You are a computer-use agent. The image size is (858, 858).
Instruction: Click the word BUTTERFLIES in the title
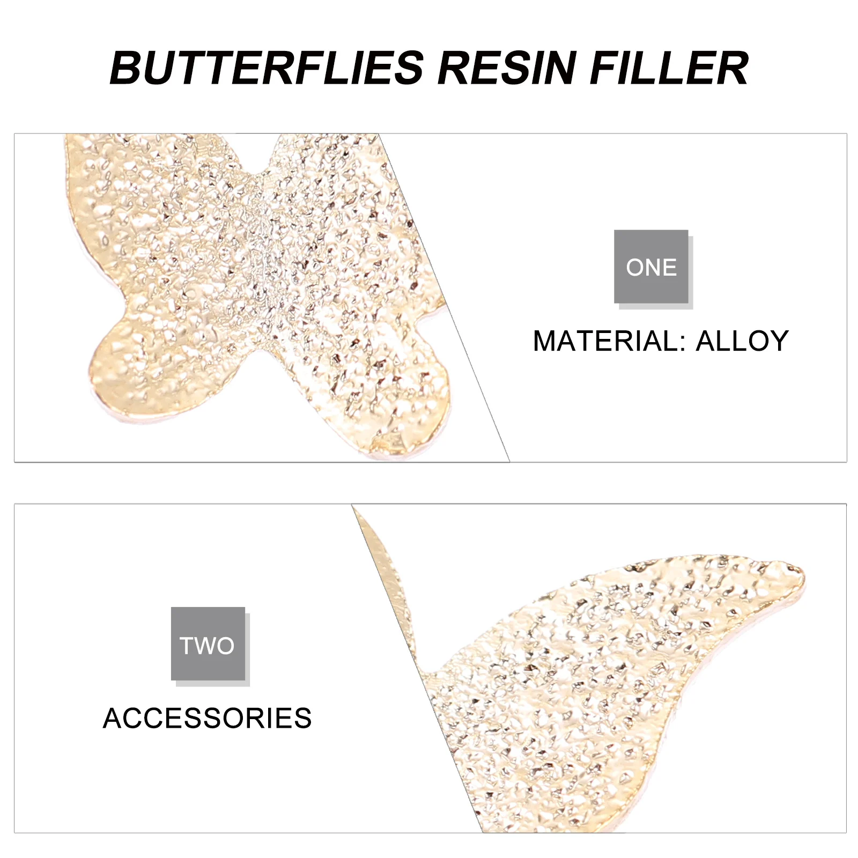click(x=267, y=68)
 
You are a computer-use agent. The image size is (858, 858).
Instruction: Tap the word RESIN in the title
click(x=507, y=68)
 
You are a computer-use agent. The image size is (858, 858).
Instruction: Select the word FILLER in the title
click(x=669, y=68)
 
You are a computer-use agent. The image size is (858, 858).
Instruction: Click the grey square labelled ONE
click(x=651, y=267)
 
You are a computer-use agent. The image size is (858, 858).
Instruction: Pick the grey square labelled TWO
click(x=208, y=644)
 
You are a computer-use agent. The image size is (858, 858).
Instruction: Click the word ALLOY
click(x=742, y=341)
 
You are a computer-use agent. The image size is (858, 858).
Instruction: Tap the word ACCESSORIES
click(x=207, y=718)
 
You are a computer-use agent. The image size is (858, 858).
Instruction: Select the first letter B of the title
click(x=125, y=68)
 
